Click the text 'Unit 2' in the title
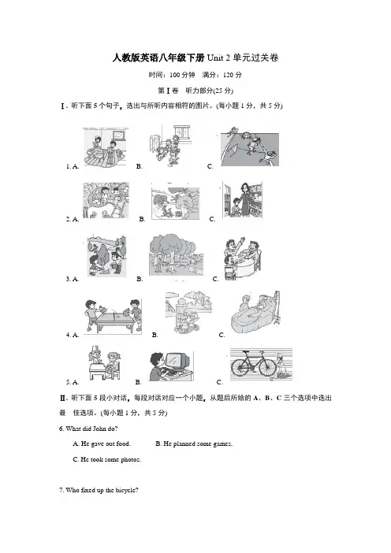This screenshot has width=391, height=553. (x=218, y=58)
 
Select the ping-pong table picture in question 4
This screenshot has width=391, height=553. (x=114, y=316)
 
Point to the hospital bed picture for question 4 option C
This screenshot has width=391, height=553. (x=255, y=313)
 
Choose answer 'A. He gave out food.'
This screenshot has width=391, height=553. (x=102, y=444)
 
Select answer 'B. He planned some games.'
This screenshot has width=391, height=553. (x=194, y=444)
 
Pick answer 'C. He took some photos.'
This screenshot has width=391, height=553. (x=106, y=459)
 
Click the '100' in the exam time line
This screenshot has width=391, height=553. (x=175, y=75)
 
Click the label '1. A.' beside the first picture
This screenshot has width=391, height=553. (x=73, y=166)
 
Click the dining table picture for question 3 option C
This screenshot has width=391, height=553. (x=243, y=259)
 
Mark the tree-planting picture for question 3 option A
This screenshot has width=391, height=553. (x=106, y=255)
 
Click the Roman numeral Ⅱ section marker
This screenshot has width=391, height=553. (x=63, y=398)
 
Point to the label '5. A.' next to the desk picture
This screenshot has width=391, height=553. (x=73, y=382)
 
